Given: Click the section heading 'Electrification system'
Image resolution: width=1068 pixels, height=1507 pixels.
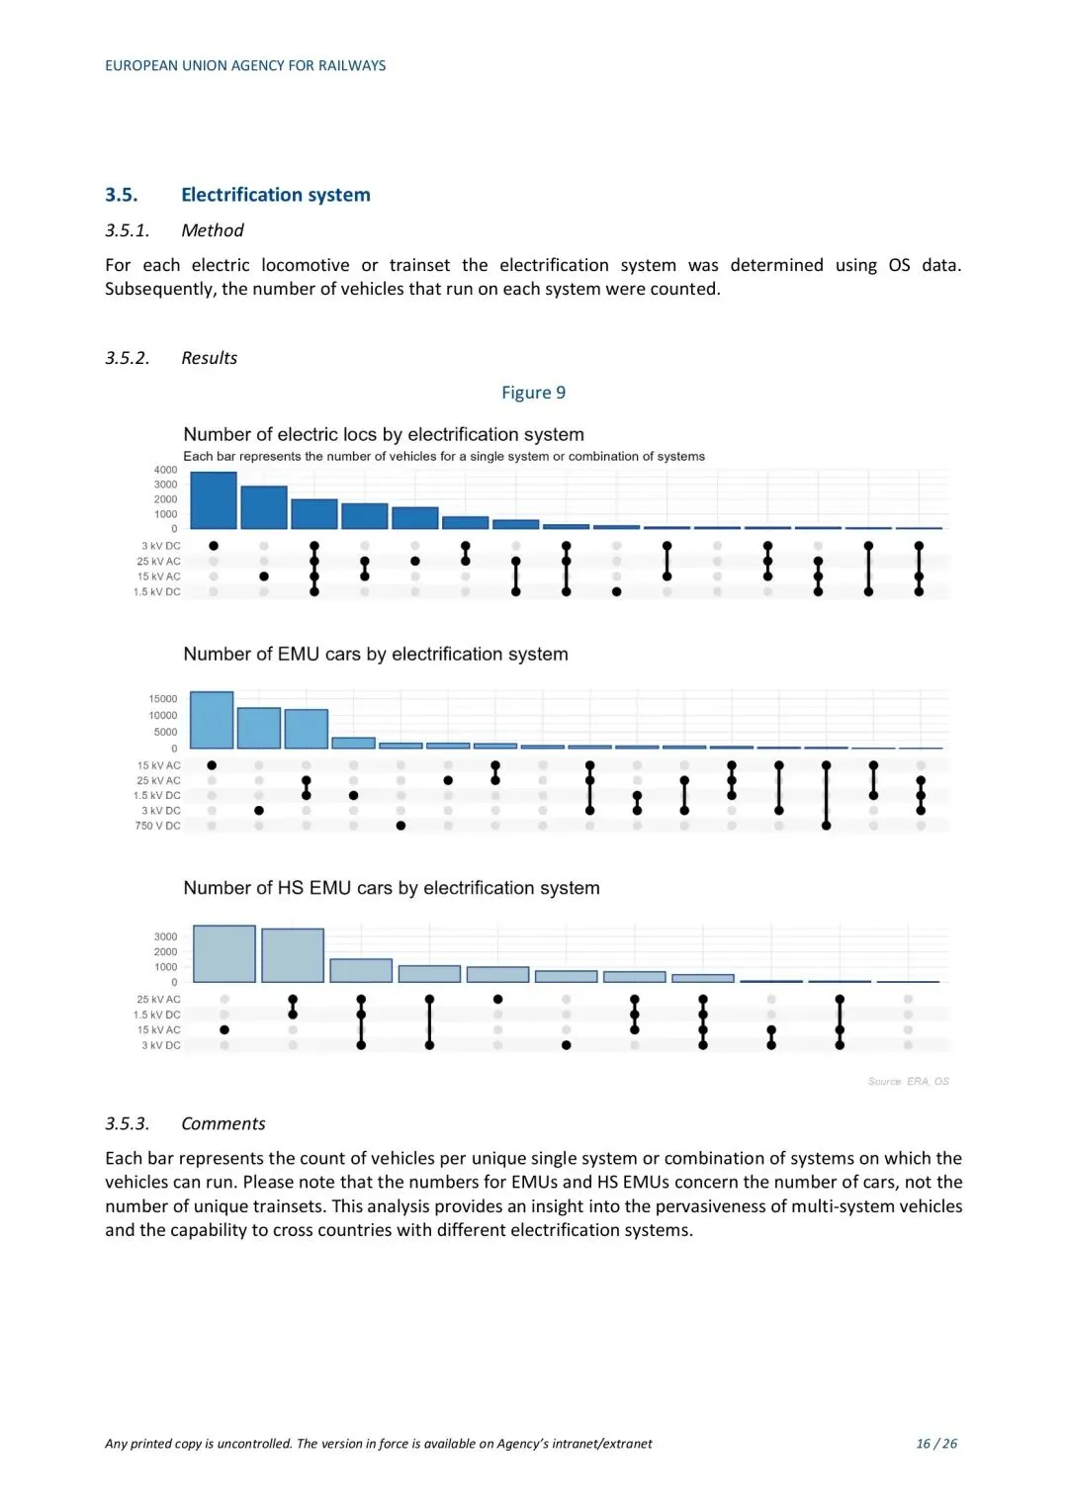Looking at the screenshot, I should [x=275, y=195].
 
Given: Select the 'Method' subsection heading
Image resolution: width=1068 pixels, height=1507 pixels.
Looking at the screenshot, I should [x=212, y=230].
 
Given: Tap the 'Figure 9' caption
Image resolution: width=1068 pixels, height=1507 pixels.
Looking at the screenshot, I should [x=533, y=393].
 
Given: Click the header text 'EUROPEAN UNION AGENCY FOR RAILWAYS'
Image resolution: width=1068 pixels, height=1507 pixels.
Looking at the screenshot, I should [x=245, y=66].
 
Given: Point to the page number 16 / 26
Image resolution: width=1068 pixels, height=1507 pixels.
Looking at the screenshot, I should [x=936, y=1444].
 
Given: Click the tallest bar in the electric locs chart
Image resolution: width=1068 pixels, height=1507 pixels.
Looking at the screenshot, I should [x=214, y=500].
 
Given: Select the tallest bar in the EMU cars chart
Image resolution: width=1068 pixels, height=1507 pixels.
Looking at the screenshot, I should [x=212, y=720].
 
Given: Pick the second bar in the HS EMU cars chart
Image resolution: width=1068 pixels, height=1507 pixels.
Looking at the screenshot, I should [x=293, y=955].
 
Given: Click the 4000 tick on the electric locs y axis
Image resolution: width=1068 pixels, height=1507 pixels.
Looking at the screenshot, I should [x=165, y=470].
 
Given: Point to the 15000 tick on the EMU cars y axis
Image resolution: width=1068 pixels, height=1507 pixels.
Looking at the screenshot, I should [x=163, y=699].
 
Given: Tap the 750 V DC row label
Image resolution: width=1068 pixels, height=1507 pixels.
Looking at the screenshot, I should [x=158, y=826].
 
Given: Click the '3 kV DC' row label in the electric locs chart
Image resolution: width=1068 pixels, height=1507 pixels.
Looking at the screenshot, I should [x=161, y=546].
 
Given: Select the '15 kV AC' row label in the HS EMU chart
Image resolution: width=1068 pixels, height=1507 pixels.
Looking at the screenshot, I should [x=159, y=1030].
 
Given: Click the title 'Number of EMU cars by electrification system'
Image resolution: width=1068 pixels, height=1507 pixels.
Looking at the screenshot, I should [x=376, y=655].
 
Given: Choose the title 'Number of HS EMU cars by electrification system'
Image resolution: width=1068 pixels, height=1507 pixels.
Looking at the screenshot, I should [x=392, y=888].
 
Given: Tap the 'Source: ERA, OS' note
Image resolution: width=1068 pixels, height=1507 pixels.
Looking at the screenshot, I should [x=908, y=1082].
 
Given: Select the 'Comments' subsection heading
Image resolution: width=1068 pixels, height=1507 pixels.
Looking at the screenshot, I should [x=222, y=1123].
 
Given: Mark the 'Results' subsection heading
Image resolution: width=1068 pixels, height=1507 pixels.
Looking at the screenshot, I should [x=209, y=358].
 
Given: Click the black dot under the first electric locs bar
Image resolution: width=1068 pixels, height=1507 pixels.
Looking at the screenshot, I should [x=214, y=546].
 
